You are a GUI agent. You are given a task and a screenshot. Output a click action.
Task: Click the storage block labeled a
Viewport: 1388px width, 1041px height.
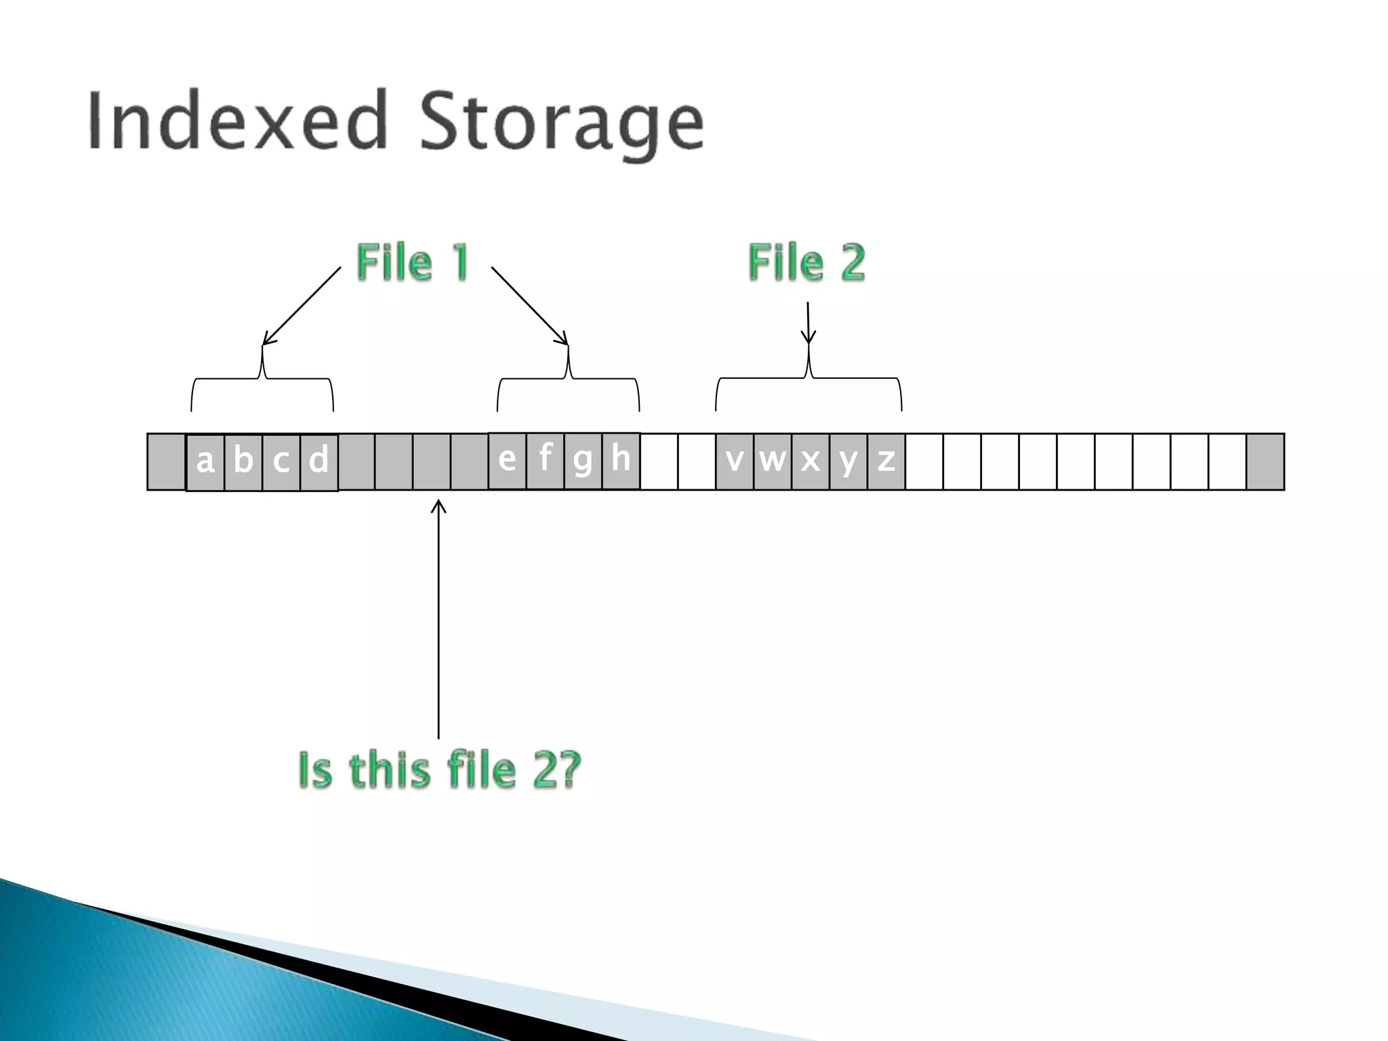pyautogui.click(x=205, y=462)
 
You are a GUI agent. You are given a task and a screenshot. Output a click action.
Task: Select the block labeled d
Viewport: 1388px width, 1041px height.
pyautogui.click(x=319, y=462)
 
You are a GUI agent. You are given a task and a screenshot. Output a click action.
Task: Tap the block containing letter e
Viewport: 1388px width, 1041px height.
pyautogui.click(x=507, y=460)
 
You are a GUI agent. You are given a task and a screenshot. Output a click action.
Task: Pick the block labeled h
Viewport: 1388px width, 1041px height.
pyautogui.click(x=621, y=460)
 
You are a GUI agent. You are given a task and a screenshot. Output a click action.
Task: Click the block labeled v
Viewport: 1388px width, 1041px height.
pyautogui.click(x=735, y=461)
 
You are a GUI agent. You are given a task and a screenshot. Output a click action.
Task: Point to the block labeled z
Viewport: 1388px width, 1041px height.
pyautogui.click(x=886, y=461)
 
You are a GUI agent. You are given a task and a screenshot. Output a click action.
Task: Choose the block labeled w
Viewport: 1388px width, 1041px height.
pyautogui.click(x=773, y=461)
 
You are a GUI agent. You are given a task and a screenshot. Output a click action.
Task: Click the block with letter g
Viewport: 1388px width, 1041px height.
pyautogui.click(x=583, y=460)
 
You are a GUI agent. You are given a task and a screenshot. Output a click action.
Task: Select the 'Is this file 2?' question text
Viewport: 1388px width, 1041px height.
pyautogui.click(x=440, y=770)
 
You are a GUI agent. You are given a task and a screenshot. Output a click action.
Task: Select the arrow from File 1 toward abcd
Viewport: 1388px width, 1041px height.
pyautogui.click(x=302, y=306)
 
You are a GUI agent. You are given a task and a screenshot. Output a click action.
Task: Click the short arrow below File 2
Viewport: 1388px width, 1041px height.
pyautogui.click(x=808, y=323)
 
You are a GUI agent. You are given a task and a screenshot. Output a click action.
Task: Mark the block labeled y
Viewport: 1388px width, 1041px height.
pyautogui.click(x=849, y=461)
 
